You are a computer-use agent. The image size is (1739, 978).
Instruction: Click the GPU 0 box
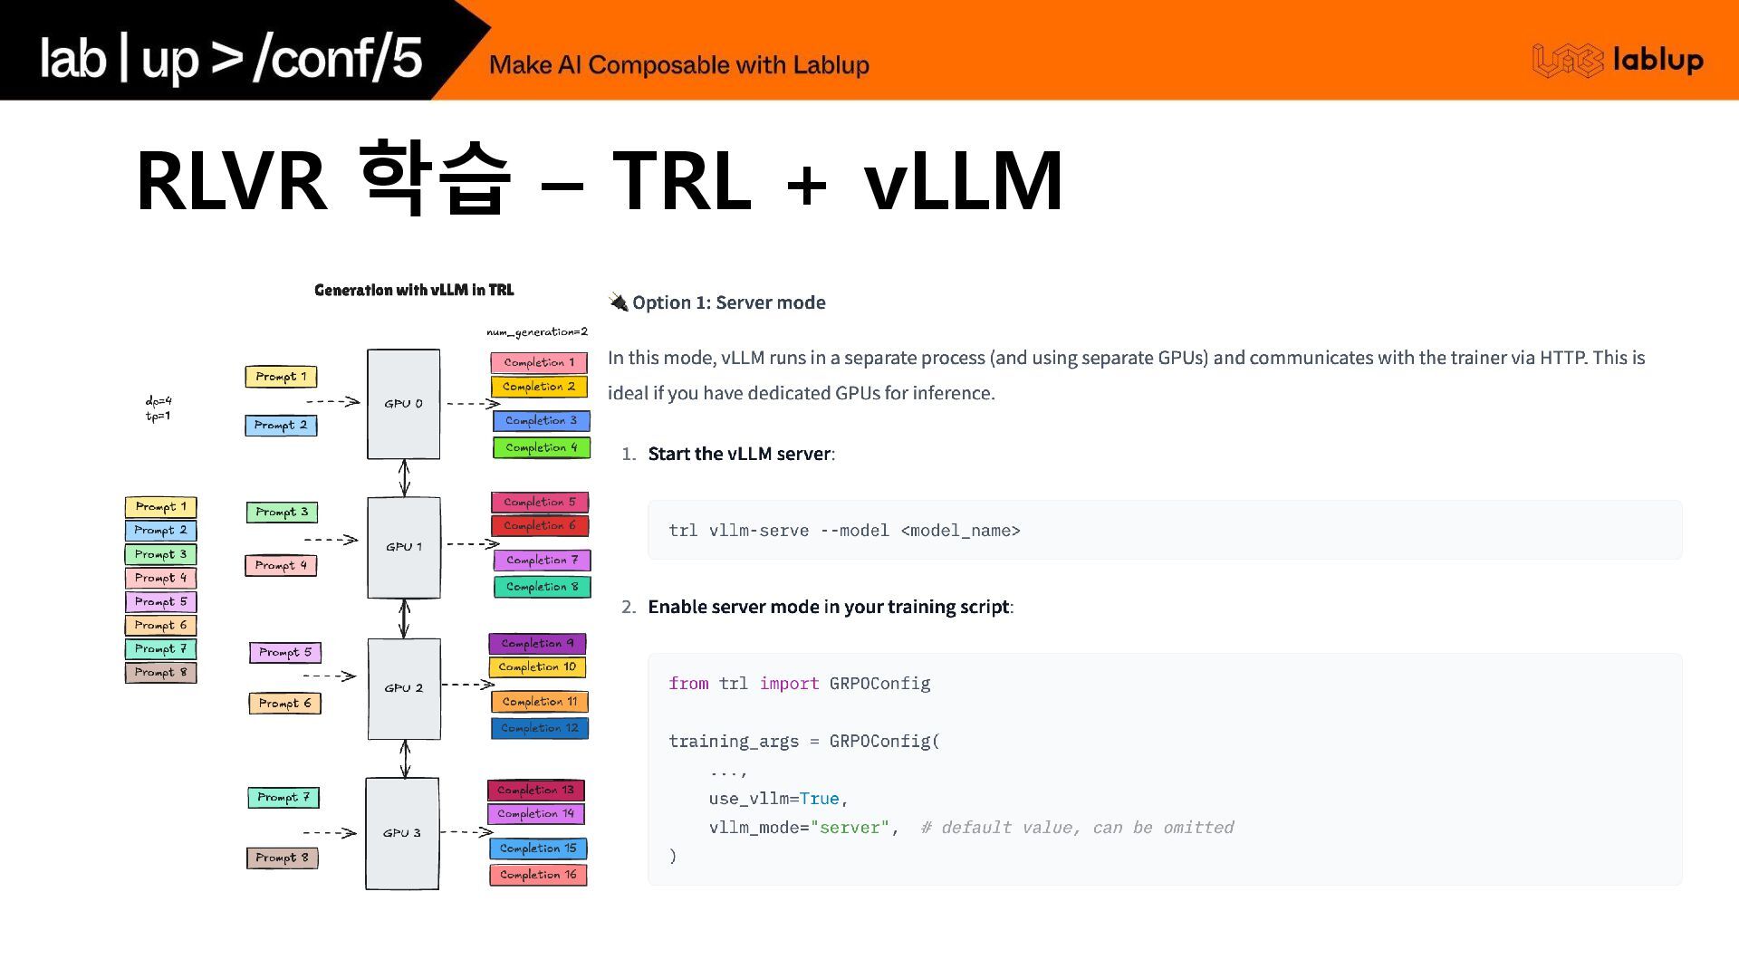click(x=403, y=404)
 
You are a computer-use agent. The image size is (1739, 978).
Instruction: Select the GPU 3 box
click(x=402, y=833)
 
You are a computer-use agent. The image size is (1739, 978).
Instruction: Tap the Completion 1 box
click(x=539, y=363)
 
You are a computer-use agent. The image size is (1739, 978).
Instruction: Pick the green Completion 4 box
click(x=541, y=447)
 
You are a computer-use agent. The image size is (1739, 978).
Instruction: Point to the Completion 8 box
click(x=542, y=587)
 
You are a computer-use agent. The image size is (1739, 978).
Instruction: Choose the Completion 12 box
click(x=540, y=728)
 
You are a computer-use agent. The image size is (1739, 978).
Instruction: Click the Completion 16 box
click(x=538, y=875)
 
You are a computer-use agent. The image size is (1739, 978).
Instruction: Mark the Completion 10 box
click(x=537, y=667)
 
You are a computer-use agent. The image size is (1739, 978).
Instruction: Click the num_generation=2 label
click(x=537, y=332)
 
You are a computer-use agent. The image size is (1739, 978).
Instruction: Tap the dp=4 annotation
click(x=159, y=400)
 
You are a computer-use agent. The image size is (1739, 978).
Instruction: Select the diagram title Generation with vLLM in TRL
click(x=414, y=290)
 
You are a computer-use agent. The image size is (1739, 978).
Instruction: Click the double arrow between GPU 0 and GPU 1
click(x=404, y=477)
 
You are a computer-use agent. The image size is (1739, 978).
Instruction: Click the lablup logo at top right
click(x=1618, y=60)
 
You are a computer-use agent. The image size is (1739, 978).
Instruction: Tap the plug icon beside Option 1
click(x=619, y=302)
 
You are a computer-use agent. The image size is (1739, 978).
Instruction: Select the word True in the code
click(x=819, y=799)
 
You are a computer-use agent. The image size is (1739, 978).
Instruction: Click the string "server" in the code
click(x=850, y=828)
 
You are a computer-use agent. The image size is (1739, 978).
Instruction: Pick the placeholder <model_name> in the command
click(x=960, y=531)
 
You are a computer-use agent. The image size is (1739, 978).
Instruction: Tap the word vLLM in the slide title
click(x=963, y=180)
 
